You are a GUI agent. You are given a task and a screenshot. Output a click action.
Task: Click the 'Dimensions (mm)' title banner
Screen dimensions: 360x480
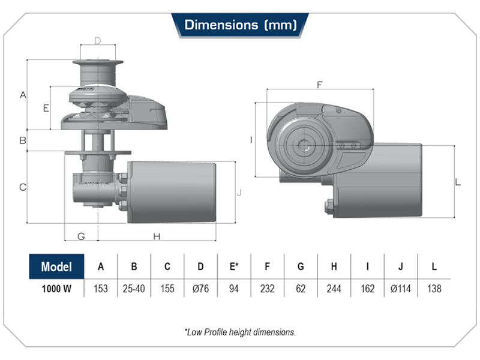click(240, 25)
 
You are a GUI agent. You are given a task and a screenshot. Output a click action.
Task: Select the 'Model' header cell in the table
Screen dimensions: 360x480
click(56, 267)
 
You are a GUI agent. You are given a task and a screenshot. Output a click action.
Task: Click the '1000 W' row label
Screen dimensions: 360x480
click(56, 289)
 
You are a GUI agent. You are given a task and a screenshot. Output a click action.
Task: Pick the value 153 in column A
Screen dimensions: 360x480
click(101, 289)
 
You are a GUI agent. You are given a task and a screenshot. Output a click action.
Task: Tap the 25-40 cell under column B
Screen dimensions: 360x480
click(134, 289)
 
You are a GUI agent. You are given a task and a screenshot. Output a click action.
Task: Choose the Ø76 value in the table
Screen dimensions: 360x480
click(200, 289)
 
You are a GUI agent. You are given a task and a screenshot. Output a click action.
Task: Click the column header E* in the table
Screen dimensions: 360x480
click(234, 267)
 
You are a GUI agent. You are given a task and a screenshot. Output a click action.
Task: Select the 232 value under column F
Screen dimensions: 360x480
click(267, 289)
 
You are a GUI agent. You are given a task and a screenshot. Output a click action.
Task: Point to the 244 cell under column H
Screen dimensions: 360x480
click(334, 289)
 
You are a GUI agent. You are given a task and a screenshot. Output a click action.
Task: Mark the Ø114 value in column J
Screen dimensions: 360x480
click(400, 289)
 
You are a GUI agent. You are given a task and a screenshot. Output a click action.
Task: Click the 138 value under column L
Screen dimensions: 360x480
click(433, 289)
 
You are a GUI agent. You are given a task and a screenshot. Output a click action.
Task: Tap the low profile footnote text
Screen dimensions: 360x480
click(240, 331)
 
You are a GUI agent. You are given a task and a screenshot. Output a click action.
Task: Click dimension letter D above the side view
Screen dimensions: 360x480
click(97, 41)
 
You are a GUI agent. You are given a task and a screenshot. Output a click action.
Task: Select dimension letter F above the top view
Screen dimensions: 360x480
click(319, 85)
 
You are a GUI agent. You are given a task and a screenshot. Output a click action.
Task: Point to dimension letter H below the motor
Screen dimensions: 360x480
click(157, 236)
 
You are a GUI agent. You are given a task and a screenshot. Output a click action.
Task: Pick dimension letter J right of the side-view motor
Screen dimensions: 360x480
click(239, 192)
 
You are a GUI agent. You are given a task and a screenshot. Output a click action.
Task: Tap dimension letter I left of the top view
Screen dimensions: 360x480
click(251, 140)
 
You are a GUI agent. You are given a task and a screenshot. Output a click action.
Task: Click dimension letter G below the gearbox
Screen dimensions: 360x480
click(81, 236)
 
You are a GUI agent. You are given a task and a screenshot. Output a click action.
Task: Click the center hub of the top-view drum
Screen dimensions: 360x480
click(307, 145)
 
